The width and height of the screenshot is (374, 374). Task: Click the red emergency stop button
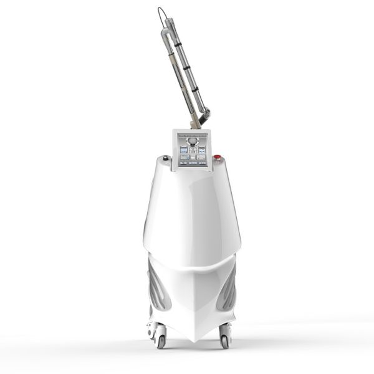218,158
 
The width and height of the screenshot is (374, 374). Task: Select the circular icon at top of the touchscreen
193,141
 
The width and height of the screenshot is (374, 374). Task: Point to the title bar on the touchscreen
193,134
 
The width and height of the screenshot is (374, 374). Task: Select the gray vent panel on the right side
230,284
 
